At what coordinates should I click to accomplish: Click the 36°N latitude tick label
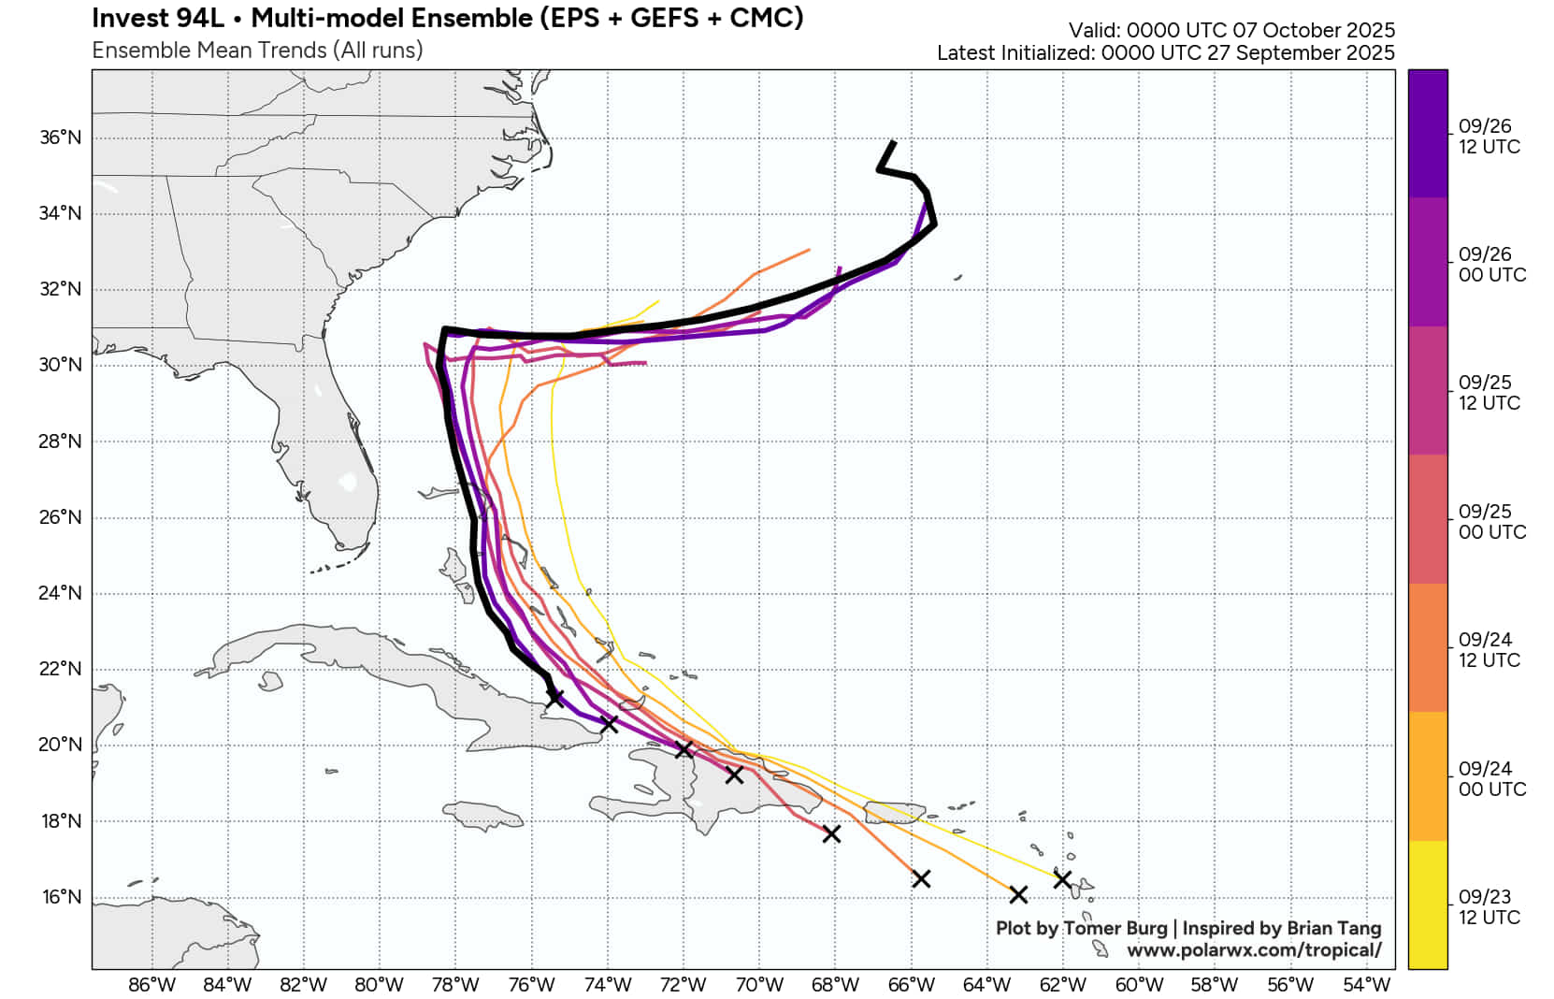click(x=60, y=138)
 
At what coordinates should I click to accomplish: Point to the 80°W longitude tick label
click(x=379, y=984)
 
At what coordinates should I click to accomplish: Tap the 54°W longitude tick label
click(x=1366, y=984)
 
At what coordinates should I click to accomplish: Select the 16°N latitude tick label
click(x=60, y=897)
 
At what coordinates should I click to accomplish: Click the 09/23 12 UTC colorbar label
click(x=1489, y=907)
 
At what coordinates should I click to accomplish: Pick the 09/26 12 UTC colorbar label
click(x=1489, y=137)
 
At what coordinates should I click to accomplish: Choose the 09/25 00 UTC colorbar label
click(x=1491, y=522)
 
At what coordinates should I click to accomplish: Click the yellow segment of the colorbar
click(x=1427, y=904)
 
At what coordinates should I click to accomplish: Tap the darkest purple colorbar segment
click(x=1427, y=134)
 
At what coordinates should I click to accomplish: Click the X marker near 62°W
click(x=1062, y=879)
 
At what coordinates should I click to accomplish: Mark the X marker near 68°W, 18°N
click(x=831, y=833)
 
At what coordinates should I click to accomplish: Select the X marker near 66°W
click(x=921, y=878)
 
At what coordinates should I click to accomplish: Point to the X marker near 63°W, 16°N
click(x=1019, y=895)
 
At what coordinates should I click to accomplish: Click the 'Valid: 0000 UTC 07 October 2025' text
click(x=1231, y=30)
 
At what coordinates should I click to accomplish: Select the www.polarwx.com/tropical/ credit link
click(x=1253, y=950)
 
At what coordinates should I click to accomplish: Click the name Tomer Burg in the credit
click(x=1115, y=928)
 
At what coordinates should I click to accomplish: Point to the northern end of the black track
click(x=894, y=142)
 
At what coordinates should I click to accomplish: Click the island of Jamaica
click(x=483, y=815)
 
